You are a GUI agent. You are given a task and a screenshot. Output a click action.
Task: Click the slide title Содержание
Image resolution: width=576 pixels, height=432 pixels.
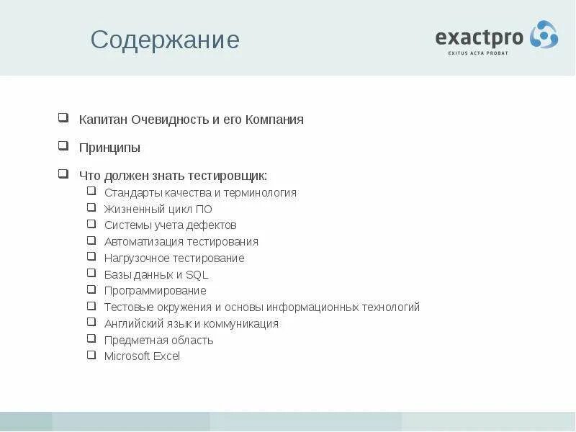coord(165,40)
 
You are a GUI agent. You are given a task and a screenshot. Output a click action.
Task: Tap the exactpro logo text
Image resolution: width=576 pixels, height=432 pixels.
coord(480,37)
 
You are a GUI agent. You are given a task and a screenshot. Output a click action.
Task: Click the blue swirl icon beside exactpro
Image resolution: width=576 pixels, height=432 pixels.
coord(544,35)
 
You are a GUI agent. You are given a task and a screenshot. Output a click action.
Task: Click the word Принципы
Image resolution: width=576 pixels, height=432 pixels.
coord(109,148)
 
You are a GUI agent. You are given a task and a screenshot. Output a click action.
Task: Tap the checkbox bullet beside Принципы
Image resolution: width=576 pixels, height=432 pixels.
coord(63,146)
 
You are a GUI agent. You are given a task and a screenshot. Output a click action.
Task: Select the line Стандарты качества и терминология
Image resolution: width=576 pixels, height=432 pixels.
coord(200,193)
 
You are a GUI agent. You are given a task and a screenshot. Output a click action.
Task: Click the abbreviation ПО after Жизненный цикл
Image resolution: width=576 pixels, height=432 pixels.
coord(204,210)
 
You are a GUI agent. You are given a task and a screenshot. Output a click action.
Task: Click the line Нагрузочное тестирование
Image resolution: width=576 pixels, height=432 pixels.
coord(174,258)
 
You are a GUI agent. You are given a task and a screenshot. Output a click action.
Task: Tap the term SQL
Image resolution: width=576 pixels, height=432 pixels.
coord(197,274)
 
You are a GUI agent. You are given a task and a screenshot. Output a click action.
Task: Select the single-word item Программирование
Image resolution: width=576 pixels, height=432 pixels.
coord(155,291)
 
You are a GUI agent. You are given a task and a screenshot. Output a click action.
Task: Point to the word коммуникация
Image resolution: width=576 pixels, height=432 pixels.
coord(243,324)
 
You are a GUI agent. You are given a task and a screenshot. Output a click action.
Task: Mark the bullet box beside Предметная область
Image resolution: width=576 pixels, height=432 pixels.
coord(91,338)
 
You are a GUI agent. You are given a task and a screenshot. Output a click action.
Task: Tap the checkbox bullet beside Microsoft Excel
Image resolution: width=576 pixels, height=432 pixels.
coord(91,355)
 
